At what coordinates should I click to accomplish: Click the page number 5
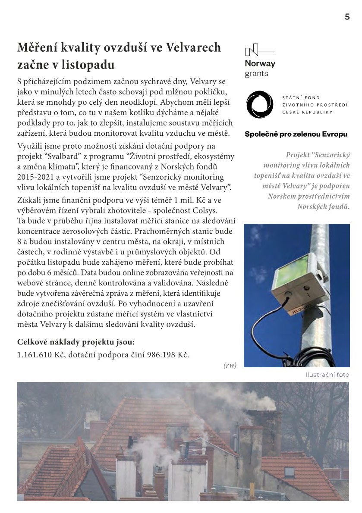(x=347, y=17)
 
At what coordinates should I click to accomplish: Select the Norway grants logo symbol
(x=252, y=51)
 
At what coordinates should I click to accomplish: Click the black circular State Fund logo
(x=259, y=105)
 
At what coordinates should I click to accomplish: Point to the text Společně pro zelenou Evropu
(x=296, y=134)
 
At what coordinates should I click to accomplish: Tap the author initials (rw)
(x=230, y=365)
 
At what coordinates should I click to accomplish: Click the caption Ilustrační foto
(x=327, y=375)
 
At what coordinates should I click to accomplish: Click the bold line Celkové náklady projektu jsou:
(x=76, y=342)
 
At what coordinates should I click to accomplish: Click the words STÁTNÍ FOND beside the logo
(x=301, y=98)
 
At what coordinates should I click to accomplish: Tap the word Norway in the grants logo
(x=260, y=64)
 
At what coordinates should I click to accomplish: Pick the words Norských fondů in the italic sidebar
(x=323, y=206)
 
